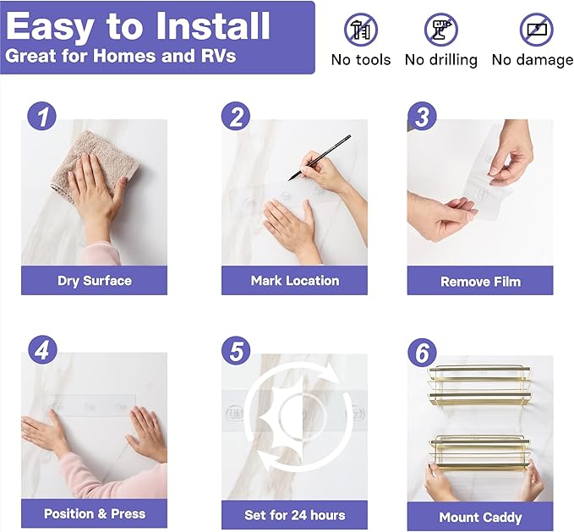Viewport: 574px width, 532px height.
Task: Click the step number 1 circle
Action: point(42,116)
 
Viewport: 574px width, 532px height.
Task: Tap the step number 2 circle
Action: point(236,116)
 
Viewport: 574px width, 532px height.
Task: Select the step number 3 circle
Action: point(422,116)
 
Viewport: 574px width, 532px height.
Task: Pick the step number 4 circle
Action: point(42,350)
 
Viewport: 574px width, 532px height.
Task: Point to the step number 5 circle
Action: point(236,350)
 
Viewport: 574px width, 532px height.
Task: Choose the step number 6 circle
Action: point(422,352)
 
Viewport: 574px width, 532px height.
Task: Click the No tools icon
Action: point(361,30)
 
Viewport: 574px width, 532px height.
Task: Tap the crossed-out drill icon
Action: point(440,30)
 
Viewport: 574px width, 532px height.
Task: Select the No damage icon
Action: point(537,30)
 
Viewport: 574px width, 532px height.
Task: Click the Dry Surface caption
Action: point(95,281)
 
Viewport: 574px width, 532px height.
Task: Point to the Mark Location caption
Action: point(295,281)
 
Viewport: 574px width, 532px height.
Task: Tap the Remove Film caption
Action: point(480,282)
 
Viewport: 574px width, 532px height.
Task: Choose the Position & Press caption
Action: point(95,513)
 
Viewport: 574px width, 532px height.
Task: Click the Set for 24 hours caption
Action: point(295,515)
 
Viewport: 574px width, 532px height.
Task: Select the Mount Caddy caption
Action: point(480,518)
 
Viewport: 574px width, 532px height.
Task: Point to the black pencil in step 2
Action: point(320,158)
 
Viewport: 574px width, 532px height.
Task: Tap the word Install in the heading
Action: point(213,25)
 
